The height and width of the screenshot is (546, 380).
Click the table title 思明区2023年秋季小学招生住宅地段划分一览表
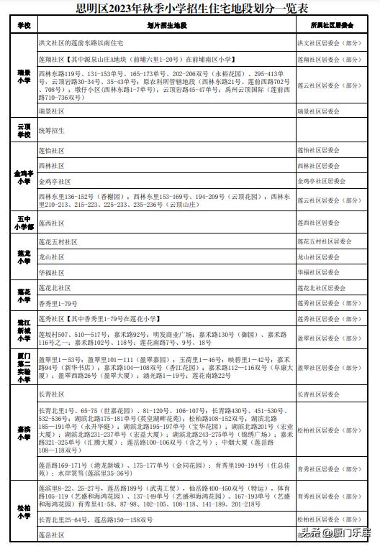pyautogui.click(x=189, y=9)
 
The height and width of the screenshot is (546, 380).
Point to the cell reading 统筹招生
pyautogui.click(x=51, y=130)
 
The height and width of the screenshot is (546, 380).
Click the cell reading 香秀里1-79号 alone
pyautogui.click(x=57, y=305)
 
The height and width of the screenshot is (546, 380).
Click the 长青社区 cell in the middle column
pyautogui.click(x=51, y=394)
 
